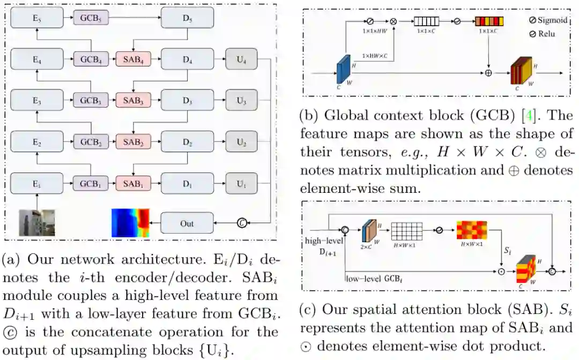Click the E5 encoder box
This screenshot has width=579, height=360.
[x=36, y=18]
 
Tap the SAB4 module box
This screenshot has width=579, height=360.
[x=133, y=59]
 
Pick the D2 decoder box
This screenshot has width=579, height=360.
[x=187, y=142]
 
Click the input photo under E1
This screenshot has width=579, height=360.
[x=37, y=222]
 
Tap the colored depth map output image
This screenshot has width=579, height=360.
[x=130, y=222]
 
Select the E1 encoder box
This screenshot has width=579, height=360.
[x=36, y=184]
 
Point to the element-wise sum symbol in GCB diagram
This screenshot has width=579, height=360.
[x=488, y=72]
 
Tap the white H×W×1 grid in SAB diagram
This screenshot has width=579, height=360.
[x=406, y=231]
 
